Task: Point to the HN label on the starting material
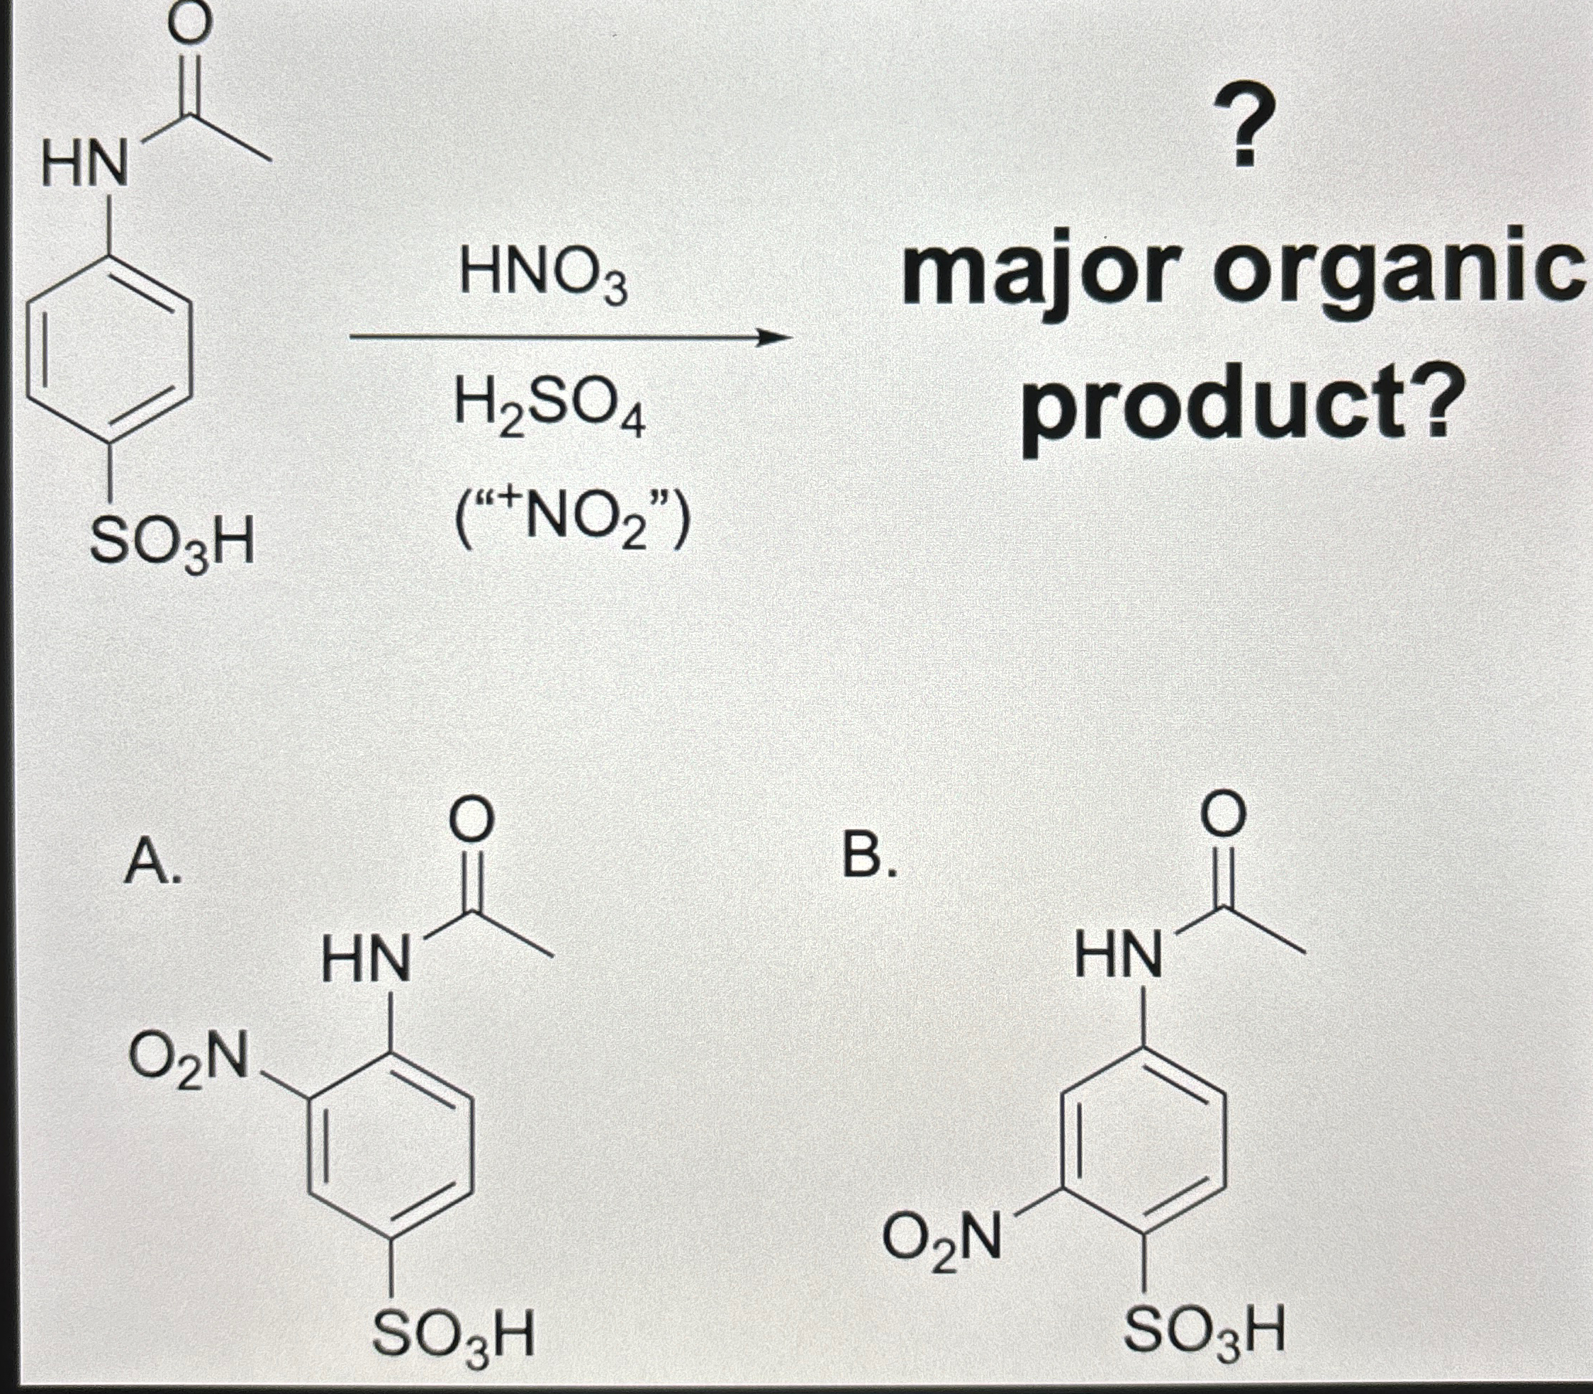click(86, 167)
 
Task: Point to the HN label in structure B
click(1118, 955)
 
